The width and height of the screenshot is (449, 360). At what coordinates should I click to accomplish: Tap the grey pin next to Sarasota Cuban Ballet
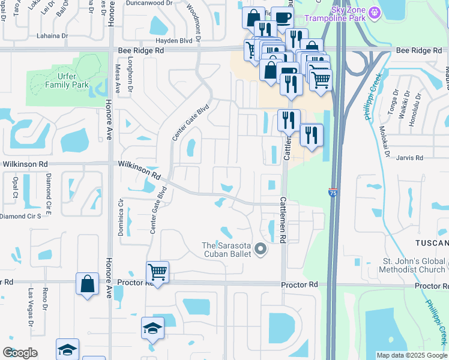[x=260, y=248]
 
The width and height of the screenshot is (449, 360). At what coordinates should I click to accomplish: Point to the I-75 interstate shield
[x=333, y=193]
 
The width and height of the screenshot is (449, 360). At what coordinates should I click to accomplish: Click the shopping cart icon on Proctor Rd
[x=157, y=272]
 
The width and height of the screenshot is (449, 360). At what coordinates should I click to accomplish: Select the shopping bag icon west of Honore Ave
[x=87, y=284]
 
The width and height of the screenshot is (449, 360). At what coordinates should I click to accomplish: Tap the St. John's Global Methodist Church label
[x=414, y=266]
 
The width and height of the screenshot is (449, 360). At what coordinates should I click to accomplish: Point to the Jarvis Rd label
[x=410, y=158]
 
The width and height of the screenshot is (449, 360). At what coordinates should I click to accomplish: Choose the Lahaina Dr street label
[x=52, y=36]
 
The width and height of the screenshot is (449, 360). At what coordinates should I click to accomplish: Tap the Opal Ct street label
[x=16, y=187]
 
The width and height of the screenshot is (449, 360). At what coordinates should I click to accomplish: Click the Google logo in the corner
[x=20, y=353]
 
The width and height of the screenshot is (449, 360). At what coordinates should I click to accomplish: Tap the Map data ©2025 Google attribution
[x=411, y=355]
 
